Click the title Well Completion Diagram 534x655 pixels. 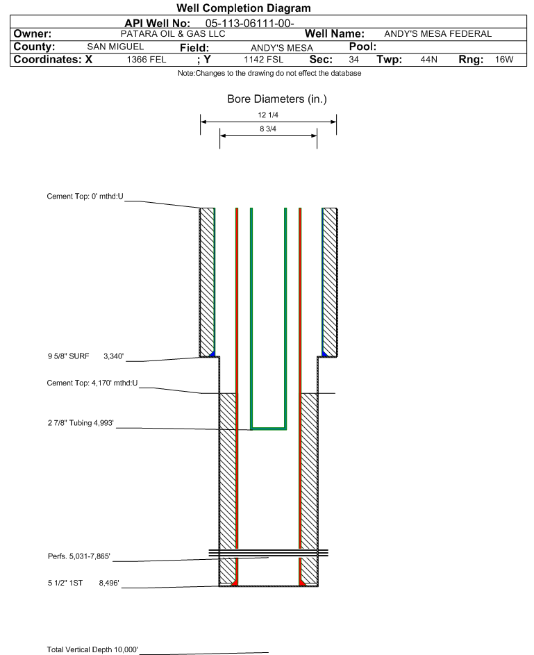tap(244, 8)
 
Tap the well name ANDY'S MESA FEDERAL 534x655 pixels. tap(437, 34)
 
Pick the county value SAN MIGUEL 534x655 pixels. tap(115, 47)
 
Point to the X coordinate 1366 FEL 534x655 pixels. tap(147, 60)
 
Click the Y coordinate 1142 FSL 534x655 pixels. tap(263, 60)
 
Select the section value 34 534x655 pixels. tap(354, 60)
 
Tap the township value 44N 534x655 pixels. tap(429, 60)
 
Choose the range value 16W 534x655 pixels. tap(503, 60)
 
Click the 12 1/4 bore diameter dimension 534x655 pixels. tap(268, 115)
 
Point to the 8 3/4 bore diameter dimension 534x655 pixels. tap(268, 128)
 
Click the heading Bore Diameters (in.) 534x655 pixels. tap(276, 99)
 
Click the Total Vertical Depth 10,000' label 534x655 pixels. tap(92, 649)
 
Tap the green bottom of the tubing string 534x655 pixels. tap(269, 428)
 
